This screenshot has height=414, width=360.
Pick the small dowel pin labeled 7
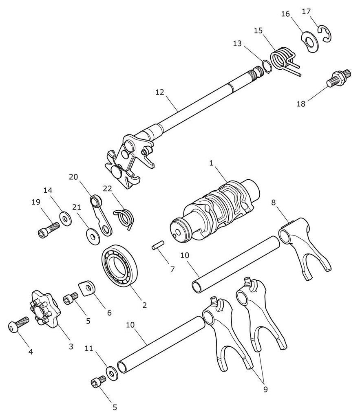158,244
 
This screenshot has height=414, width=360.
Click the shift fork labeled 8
304,247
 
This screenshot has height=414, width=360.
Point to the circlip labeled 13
266,66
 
